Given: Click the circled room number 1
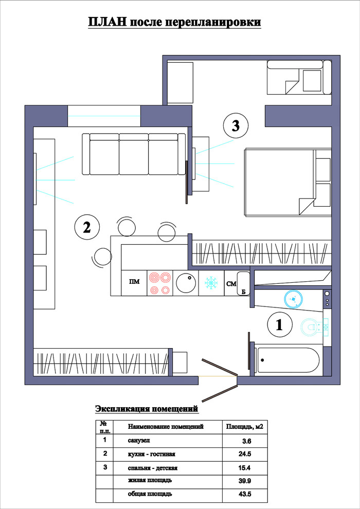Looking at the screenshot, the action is [279, 325].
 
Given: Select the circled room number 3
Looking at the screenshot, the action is [236, 125].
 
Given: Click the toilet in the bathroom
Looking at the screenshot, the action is [314, 326].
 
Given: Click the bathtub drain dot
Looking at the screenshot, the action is [262, 360].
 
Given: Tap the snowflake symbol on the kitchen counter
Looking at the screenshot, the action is [211, 283].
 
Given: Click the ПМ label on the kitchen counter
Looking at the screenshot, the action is [134, 282].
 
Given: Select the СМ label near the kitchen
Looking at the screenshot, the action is [231, 284].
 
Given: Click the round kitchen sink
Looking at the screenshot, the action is [186, 283].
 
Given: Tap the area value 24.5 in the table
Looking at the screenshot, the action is [245, 454].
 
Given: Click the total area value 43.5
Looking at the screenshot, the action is [245, 495].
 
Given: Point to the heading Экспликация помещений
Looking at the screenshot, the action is [147, 409].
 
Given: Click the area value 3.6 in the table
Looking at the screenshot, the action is [247, 441].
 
